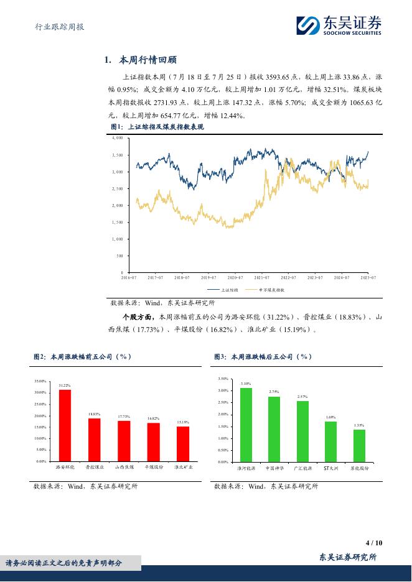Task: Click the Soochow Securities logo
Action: tap(339, 25)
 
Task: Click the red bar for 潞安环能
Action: tap(65, 425)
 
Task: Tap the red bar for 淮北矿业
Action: tap(182, 443)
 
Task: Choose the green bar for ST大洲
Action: tap(330, 441)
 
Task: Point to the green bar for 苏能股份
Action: tap(359, 445)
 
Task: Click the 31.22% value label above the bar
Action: tap(65, 386)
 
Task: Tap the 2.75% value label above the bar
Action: tap(274, 392)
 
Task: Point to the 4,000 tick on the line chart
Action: tap(118, 138)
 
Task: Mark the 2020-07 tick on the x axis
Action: tap(235, 277)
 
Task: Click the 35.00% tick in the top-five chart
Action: tap(40, 381)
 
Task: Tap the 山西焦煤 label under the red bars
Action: tap(123, 466)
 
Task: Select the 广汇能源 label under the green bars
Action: tap(302, 468)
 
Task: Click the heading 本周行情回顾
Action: tap(141, 60)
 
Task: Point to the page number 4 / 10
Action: tap(374, 543)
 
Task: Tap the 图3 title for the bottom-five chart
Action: tap(263, 357)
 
